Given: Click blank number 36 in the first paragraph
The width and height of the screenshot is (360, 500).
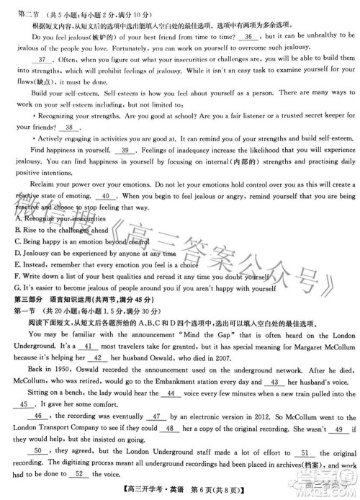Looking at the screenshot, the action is coord(248,35).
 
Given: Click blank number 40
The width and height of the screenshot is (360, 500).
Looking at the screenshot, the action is coord(106,195).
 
